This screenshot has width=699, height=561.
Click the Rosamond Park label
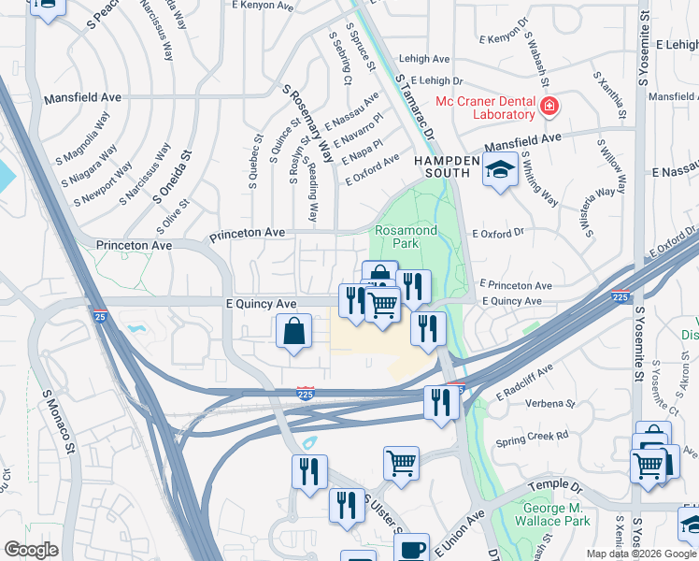[406, 237]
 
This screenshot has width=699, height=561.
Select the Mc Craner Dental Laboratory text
[485, 108]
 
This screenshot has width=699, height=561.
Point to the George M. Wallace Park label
[552, 514]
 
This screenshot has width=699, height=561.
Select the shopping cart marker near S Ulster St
[401, 463]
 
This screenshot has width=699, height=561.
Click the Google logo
[31, 550]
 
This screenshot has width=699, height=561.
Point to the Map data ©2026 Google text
[642, 554]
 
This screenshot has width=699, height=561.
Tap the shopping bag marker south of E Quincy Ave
[293, 331]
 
